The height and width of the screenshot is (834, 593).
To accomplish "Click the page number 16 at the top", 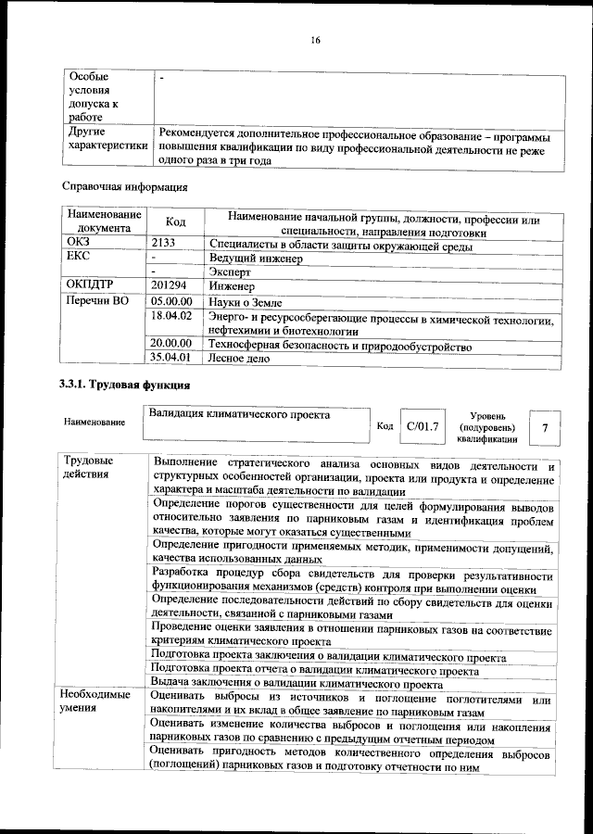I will [x=315, y=39].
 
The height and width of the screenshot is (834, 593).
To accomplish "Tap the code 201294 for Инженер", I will [x=170, y=286].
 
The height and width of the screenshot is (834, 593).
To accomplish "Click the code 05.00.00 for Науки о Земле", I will [x=170, y=302].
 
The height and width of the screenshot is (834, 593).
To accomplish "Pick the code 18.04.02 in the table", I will [x=170, y=317].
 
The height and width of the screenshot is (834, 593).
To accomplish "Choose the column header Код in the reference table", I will [x=175, y=222].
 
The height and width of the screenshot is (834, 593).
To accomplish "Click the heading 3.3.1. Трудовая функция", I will [x=125, y=385].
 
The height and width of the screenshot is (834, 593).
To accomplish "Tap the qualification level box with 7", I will [x=545, y=427].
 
